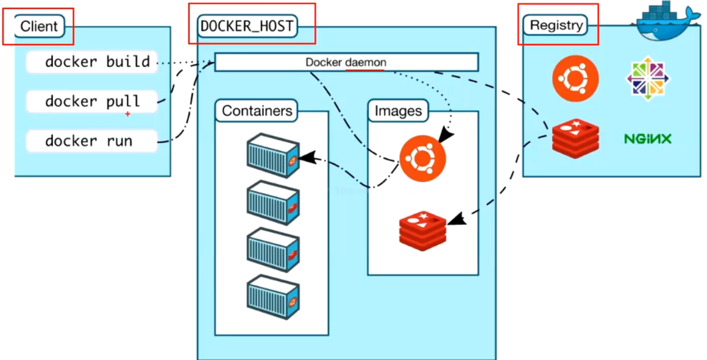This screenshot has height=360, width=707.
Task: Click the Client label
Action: (39, 26)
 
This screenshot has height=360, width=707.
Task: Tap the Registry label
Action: (556, 25)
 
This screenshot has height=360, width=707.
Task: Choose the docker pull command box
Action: (92, 102)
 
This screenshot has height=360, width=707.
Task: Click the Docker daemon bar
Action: (346, 62)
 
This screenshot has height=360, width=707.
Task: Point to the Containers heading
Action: (257, 111)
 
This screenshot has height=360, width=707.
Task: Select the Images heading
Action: (398, 111)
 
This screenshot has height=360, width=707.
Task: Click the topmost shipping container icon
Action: (273, 155)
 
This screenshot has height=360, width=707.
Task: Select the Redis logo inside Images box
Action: (422, 230)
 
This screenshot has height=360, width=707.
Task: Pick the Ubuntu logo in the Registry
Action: (575, 78)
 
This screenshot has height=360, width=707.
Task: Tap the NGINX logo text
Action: (647, 138)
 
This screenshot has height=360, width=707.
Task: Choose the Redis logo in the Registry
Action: (575, 138)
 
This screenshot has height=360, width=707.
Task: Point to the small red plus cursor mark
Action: (128, 114)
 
